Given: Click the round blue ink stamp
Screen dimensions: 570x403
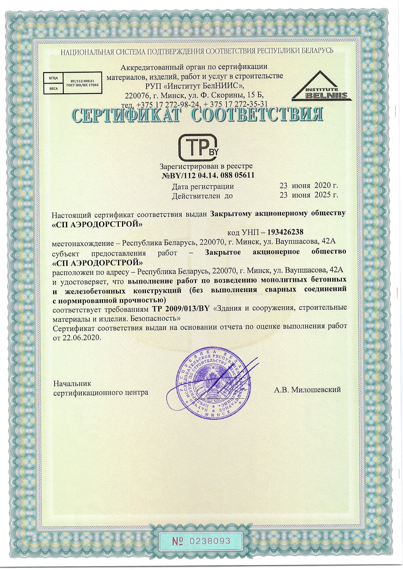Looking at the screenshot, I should [x=214, y=383].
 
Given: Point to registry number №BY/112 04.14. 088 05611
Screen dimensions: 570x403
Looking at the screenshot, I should [x=208, y=175].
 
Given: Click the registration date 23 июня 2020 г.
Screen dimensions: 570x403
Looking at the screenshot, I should [x=308, y=186].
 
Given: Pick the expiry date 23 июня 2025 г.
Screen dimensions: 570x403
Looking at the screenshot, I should [x=308, y=195].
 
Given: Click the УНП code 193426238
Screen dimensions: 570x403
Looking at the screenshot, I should [x=285, y=232].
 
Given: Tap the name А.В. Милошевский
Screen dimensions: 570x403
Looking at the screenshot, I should [x=307, y=390].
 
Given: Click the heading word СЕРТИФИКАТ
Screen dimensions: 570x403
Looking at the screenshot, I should [x=126, y=115].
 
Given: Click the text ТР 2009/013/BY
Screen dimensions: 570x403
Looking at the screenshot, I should [x=181, y=308].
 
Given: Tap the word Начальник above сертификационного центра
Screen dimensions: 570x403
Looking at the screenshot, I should [x=72, y=384].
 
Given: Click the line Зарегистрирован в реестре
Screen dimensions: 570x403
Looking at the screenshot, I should [x=206, y=166].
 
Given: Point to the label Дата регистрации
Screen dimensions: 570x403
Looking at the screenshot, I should [x=203, y=186].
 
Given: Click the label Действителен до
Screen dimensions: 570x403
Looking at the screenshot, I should [x=202, y=196].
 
